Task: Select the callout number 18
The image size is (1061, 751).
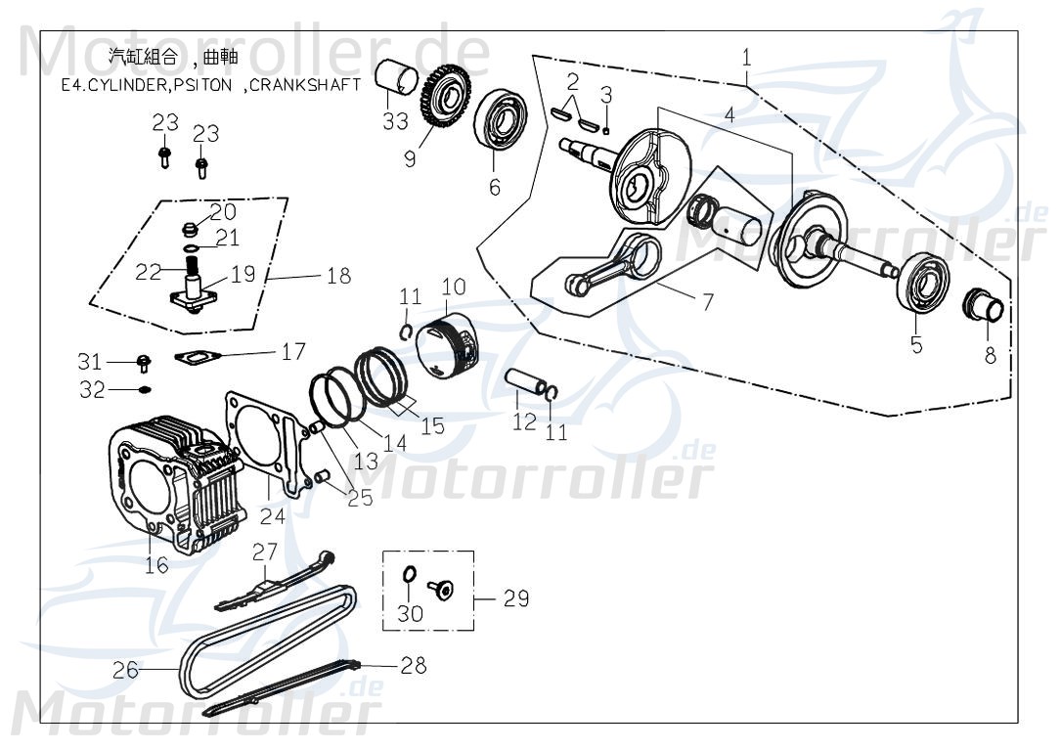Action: coord(338,277)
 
